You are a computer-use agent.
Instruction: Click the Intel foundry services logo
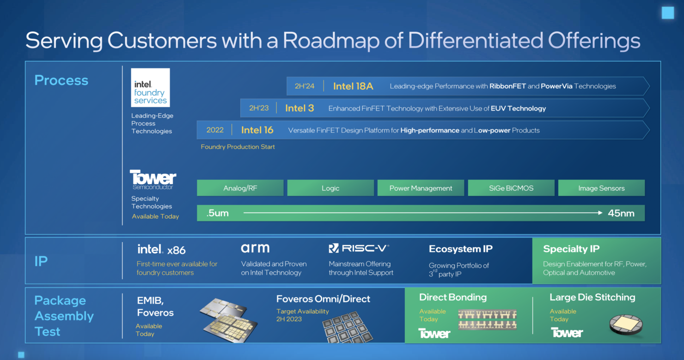pyautogui.click(x=150, y=88)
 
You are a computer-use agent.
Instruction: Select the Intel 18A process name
pyautogui.click(x=353, y=86)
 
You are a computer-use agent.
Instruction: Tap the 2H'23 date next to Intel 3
pyautogui.click(x=259, y=108)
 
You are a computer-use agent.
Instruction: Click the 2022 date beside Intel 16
pyautogui.click(x=215, y=130)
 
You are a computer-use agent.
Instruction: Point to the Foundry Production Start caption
pyautogui.click(x=238, y=147)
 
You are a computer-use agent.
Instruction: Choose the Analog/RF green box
pyautogui.click(x=240, y=188)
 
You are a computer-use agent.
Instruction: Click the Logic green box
pyautogui.click(x=330, y=188)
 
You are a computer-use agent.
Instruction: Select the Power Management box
pyautogui.click(x=421, y=188)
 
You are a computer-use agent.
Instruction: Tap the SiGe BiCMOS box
pyautogui.click(x=511, y=188)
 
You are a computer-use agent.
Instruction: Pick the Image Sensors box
pyautogui.click(x=602, y=188)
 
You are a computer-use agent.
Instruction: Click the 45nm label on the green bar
pyautogui.click(x=621, y=213)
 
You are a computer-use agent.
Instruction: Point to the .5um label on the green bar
pyautogui.click(x=217, y=213)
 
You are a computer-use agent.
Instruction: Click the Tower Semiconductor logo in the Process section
pyautogui.click(x=153, y=180)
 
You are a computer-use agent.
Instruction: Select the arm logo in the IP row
pyautogui.click(x=255, y=248)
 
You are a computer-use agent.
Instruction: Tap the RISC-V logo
pyautogui.click(x=359, y=248)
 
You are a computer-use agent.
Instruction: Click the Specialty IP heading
pyautogui.click(x=571, y=249)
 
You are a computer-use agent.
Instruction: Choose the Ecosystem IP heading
pyautogui.click(x=460, y=249)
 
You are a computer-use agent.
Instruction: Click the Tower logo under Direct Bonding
pyautogui.click(x=434, y=333)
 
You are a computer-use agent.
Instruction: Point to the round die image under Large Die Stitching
pyautogui.click(x=626, y=324)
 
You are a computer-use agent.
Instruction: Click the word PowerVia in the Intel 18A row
pyautogui.click(x=556, y=86)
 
